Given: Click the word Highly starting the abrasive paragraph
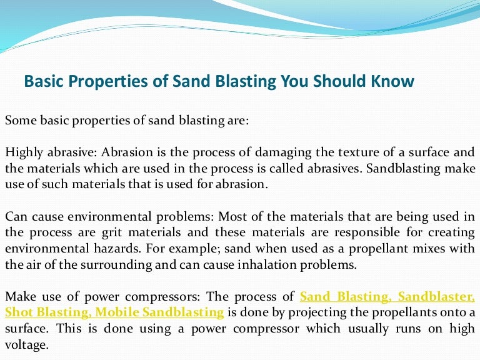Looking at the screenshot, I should (x=22, y=152).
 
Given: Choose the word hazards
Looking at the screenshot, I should (x=89, y=248).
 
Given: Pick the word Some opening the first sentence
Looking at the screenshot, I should (x=19, y=121).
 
